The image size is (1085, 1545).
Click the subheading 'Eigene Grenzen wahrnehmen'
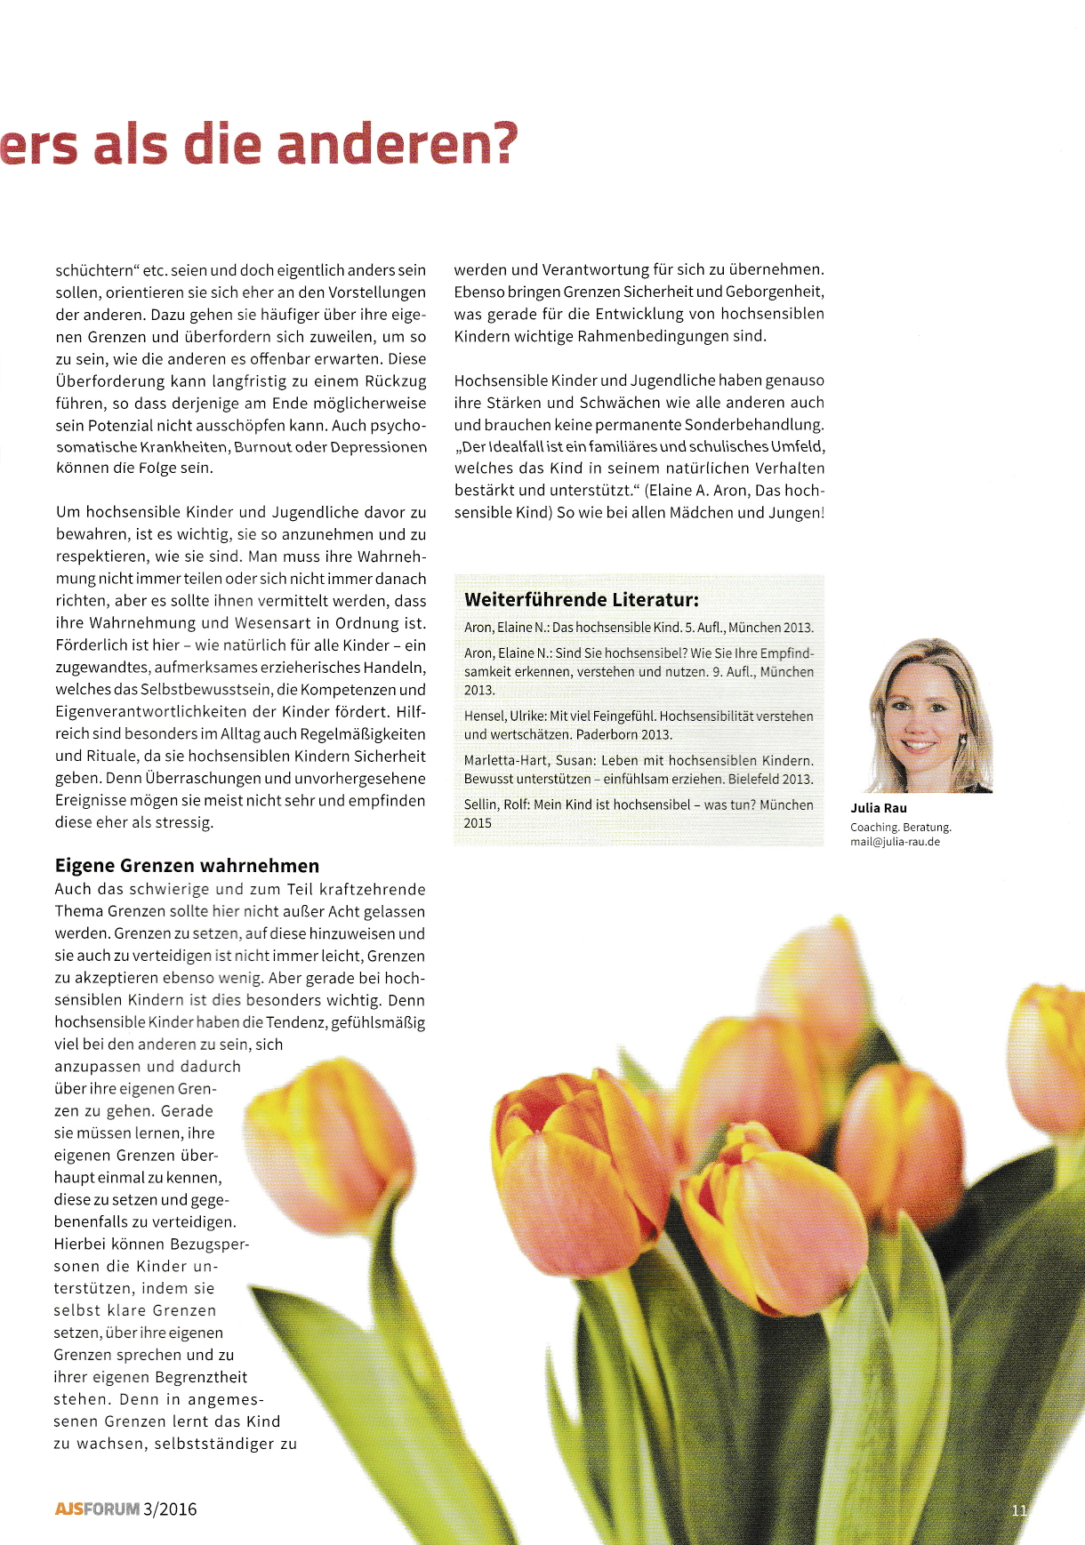187,866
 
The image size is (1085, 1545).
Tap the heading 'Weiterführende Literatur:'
581,599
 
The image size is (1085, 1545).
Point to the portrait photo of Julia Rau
928,716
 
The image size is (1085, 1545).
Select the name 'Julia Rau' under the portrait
879,808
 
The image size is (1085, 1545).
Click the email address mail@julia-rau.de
895,842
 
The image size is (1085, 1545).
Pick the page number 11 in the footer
1019,1509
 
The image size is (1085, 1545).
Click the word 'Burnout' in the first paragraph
262,447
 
